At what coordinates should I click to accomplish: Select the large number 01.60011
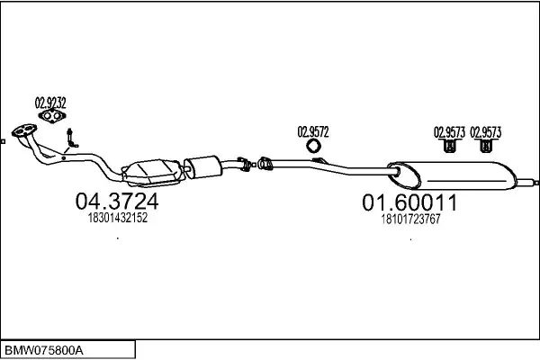[409, 203]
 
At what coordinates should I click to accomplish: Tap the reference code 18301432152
[117, 219]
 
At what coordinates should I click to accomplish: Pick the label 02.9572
[313, 131]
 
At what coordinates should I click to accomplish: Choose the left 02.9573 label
[449, 131]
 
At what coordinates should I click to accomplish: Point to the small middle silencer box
[203, 166]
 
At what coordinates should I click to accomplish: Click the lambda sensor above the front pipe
[71, 139]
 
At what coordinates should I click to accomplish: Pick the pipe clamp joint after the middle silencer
[265, 163]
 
